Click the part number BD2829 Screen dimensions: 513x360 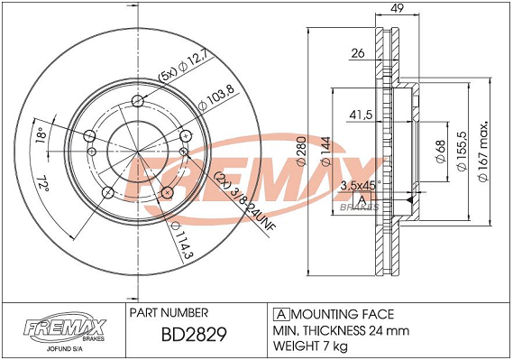click(194, 335)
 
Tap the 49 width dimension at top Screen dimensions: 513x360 click(397, 8)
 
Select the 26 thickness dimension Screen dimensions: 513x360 click(358, 53)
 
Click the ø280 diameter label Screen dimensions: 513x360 click(301, 152)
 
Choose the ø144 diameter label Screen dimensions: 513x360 click(325, 152)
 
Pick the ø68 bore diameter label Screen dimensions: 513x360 click(440, 152)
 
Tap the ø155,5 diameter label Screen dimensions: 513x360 click(462, 152)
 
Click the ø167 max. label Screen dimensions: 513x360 click(483, 152)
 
